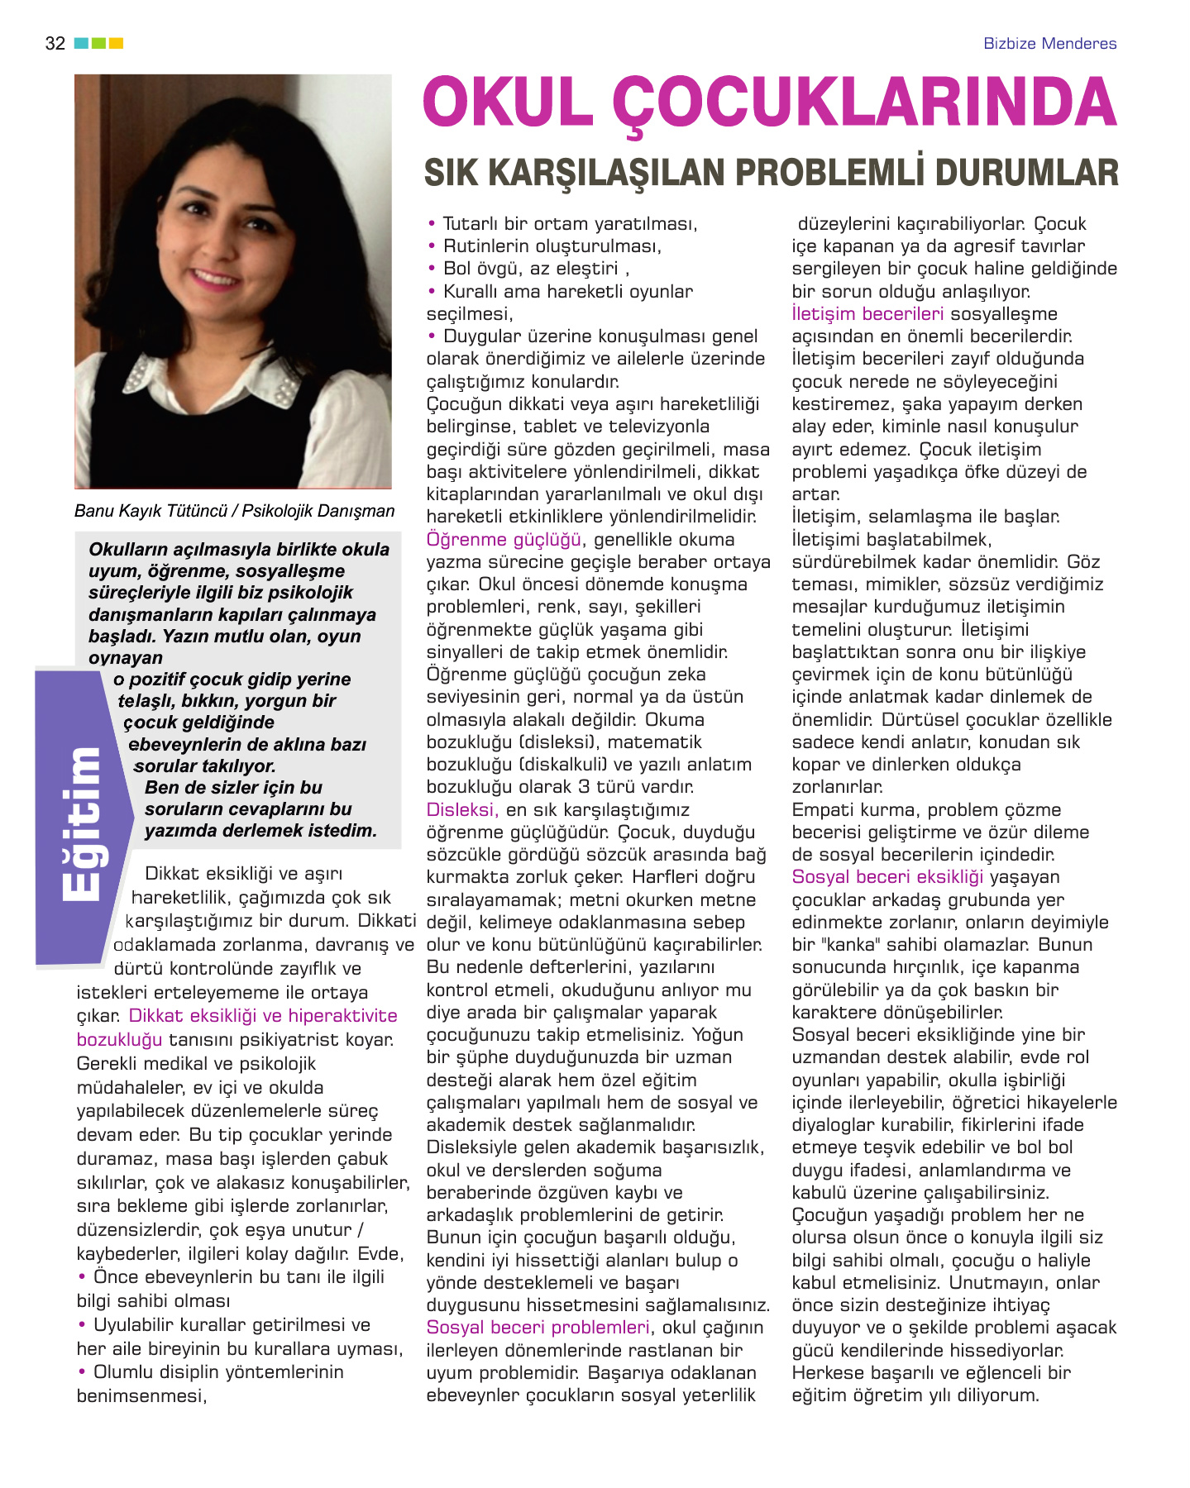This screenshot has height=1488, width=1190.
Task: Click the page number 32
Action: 55,44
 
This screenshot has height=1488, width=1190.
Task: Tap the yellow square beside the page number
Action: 117,43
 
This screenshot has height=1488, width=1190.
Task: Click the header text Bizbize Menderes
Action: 1049,44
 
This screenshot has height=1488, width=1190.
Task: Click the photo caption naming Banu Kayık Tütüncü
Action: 234,511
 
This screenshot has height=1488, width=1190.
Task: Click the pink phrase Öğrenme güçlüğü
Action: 504,540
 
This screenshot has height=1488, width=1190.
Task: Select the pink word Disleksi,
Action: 462,810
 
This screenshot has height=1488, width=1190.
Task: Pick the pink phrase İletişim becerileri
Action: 867,314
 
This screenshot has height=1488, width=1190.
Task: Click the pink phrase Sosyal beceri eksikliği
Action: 887,877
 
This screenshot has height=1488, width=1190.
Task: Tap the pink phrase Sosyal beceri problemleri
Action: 538,1328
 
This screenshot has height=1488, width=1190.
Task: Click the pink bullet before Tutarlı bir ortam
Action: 432,224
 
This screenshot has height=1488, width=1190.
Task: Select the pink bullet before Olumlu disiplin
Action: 82,1372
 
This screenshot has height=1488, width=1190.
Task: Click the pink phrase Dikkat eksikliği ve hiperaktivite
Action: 263,1016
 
